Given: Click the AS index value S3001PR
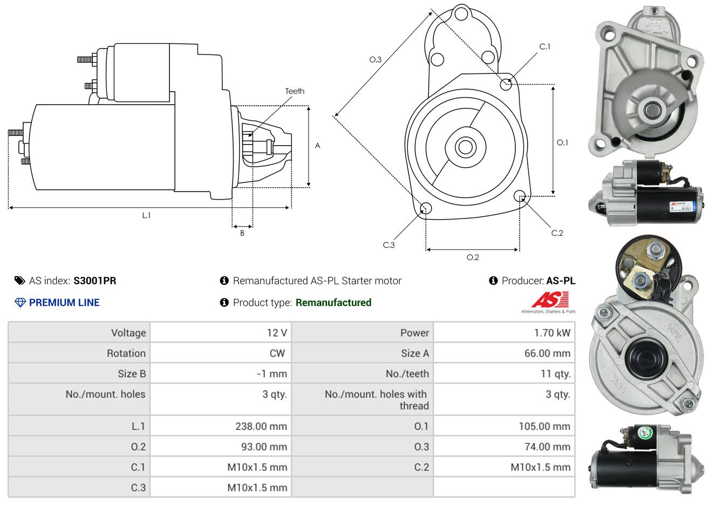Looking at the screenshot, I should (x=94, y=281).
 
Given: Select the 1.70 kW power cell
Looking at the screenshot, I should (x=551, y=333).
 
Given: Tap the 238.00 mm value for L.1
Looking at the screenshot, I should (x=261, y=426).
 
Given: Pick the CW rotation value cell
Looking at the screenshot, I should (x=277, y=353).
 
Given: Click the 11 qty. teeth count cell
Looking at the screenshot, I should (x=556, y=374).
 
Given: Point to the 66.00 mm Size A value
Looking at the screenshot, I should (x=547, y=353).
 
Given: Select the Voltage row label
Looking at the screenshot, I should (x=128, y=333).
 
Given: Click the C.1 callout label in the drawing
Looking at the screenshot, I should (x=545, y=47).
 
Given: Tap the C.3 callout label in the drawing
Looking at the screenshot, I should (x=389, y=245).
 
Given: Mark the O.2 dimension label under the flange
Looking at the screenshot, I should (x=473, y=257).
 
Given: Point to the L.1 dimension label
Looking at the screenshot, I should (x=146, y=215).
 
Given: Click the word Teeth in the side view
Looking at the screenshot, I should (x=295, y=91).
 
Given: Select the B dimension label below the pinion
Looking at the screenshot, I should (x=242, y=233).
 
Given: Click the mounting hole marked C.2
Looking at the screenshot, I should (x=520, y=196).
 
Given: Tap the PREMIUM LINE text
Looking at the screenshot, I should (x=64, y=303).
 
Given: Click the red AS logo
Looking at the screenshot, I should (x=550, y=300).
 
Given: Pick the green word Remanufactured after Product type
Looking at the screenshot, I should (x=333, y=303).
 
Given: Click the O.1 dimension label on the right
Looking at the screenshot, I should (x=562, y=142).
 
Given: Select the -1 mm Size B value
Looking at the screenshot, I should (x=272, y=374).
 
